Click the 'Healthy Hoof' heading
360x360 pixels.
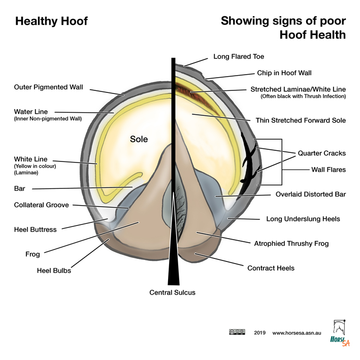[51, 21]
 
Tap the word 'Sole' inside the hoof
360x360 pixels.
[139, 139]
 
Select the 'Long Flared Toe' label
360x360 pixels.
[239, 57]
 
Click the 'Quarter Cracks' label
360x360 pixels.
[321, 153]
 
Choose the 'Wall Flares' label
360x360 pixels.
[328, 170]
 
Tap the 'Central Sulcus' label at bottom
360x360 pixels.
[172, 292]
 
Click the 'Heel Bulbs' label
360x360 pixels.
[54, 271]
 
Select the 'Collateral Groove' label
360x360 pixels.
[42, 205]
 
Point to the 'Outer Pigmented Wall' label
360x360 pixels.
[48, 87]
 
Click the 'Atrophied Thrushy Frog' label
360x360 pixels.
[291, 244]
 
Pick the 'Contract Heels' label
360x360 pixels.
[270, 268]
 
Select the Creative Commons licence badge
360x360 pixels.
[237, 332]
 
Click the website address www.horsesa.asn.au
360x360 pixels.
[296, 333]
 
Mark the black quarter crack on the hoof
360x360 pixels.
[250, 157]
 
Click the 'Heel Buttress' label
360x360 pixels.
[35, 230]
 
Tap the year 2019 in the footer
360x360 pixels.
[259, 333]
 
